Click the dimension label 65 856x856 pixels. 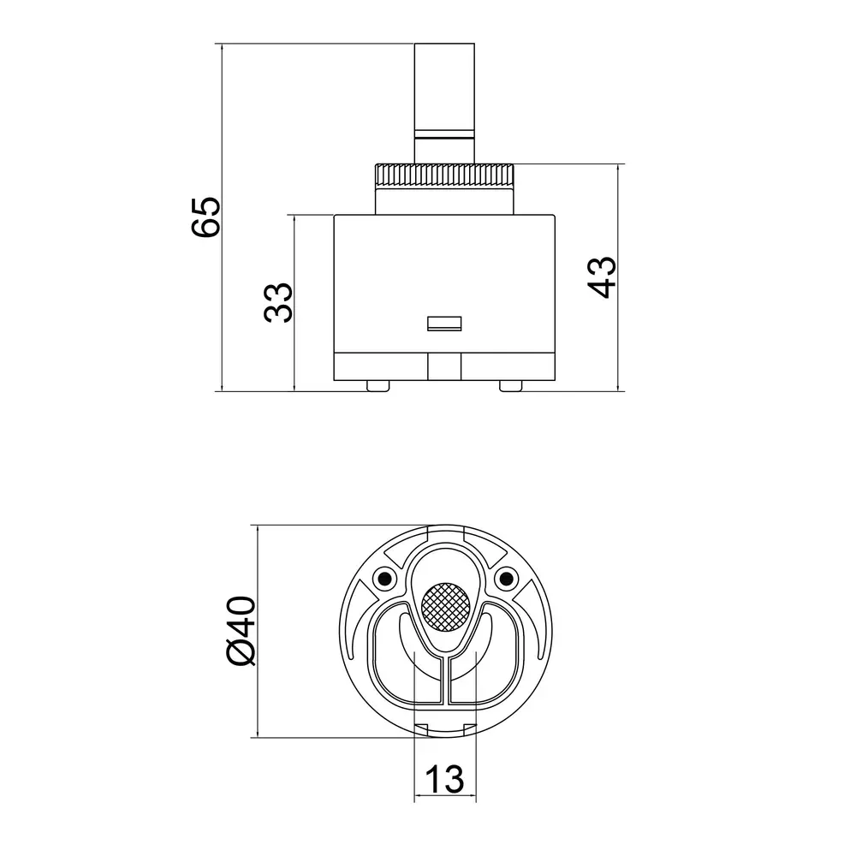tap(206, 217)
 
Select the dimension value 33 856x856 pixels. tap(278, 302)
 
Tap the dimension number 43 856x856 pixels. tap(602, 277)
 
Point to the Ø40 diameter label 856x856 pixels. tap(241, 631)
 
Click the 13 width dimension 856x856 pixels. tap(445, 779)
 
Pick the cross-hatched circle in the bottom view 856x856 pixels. tap(445, 607)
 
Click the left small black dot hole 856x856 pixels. tap(384, 578)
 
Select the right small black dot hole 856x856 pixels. tap(506, 578)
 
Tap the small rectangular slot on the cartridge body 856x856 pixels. tap(444, 324)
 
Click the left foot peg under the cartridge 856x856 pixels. tap(378, 386)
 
